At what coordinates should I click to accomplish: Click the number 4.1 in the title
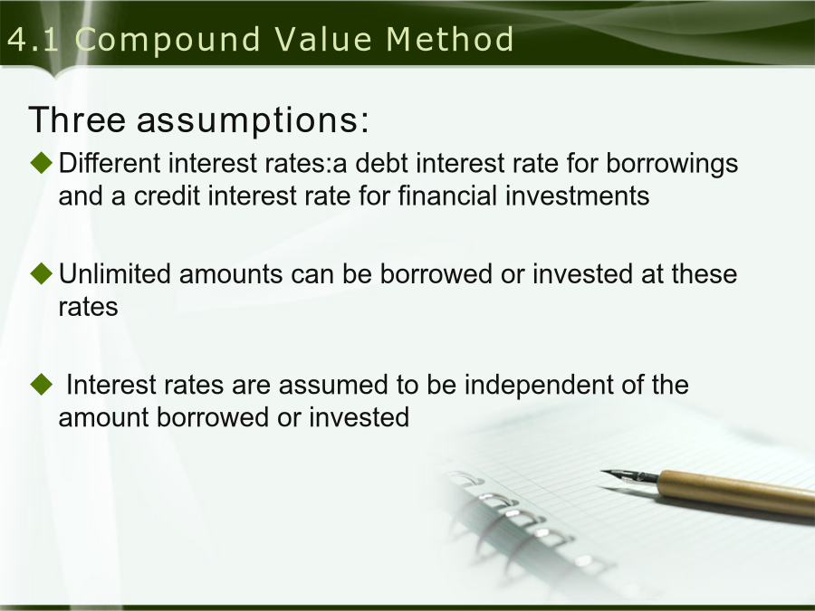coord(34,40)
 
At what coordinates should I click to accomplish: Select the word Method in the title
coord(450,40)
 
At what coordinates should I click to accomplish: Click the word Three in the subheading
coord(77,119)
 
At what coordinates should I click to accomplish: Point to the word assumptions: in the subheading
coord(253,120)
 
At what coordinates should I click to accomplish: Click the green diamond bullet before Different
coord(42,163)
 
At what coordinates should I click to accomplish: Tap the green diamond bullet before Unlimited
coord(42,273)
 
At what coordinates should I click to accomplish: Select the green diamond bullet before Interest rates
coord(42,385)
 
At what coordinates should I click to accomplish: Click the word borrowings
coord(672,164)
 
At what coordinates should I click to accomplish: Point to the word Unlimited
coord(114,273)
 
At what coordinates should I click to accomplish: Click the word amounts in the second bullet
coord(230,274)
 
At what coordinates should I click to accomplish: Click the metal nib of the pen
coord(630,476)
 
